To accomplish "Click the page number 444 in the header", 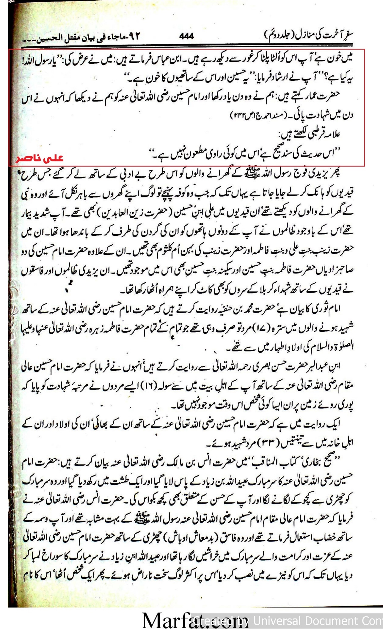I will tap(186, 36).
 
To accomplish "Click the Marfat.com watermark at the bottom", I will tap(195, 620).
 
